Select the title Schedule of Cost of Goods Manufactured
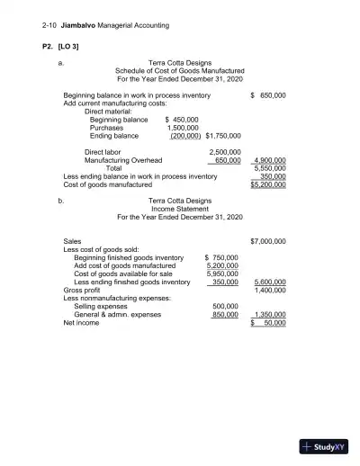click(180, 70)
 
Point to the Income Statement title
click(180, 208)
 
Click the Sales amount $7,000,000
click(267, 241)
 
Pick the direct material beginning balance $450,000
click(182, 119)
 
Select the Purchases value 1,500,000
click(184, 127)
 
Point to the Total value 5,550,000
click(268, 168)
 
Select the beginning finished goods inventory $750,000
click(221, 257)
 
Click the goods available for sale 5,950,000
click(222, 273)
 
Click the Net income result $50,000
click(267, 323)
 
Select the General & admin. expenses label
click(117, 315)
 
